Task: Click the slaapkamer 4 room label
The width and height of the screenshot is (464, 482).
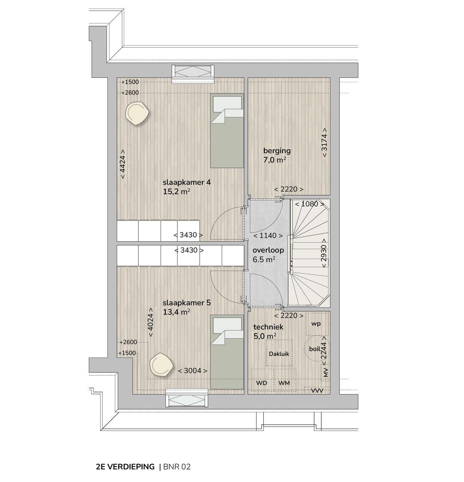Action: click(187, 182)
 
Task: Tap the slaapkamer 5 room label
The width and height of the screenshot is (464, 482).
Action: click(187, 303)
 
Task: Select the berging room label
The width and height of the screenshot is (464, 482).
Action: click(277, 151)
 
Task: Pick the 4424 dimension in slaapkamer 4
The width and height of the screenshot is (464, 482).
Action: click(122, 164)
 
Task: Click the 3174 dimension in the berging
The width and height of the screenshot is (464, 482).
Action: click(324, 142)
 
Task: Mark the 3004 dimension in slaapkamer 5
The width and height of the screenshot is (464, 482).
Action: click(192, 371)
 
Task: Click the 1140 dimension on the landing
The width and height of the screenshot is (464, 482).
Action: click(268, 236)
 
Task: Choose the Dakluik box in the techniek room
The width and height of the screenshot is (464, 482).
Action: click(279, 354)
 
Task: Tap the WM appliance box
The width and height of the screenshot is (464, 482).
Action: click(284, 382)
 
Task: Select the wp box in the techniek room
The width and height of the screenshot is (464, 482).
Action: click(316, 324)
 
